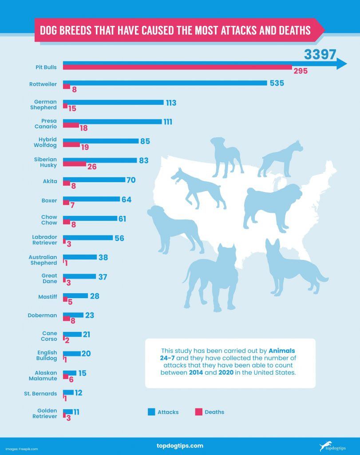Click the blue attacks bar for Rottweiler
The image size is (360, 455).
coord(165,83)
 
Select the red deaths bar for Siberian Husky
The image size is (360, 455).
coord(75,164)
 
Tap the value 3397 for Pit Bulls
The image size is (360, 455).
coord(320,55)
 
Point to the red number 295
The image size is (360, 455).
coord(300,71)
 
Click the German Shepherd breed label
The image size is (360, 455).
coord(46,104)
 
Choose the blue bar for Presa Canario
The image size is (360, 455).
coord(112,121)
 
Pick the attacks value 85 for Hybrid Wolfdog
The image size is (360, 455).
coord(145,141)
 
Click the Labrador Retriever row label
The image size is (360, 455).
coord(44,240)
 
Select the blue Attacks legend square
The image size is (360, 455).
coord(151,412)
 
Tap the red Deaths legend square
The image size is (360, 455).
coord(198,412)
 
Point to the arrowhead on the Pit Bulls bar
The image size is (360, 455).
coord(341,64)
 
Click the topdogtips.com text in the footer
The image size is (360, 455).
coord(180,446)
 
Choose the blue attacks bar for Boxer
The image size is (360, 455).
coord(91,200)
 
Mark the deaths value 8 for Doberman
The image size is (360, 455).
coord(73,320)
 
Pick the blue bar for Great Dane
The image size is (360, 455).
coord(79,276)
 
